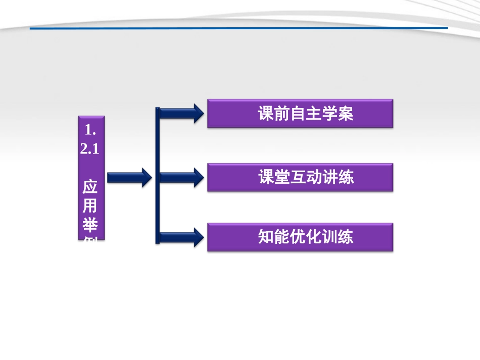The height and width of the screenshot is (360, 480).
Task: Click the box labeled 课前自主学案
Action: click(300, 114)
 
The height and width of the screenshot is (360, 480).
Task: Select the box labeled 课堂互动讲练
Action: click(300, 177)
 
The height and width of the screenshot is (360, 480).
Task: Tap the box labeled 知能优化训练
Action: click(300, 237)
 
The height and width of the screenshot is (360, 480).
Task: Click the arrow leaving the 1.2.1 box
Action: click(129, 177)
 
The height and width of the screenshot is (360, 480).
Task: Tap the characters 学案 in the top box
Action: click(338, 114)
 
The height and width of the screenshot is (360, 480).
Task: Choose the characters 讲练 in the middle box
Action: click(338, 177)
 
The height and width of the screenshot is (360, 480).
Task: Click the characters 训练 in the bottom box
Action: click(338, 237)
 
